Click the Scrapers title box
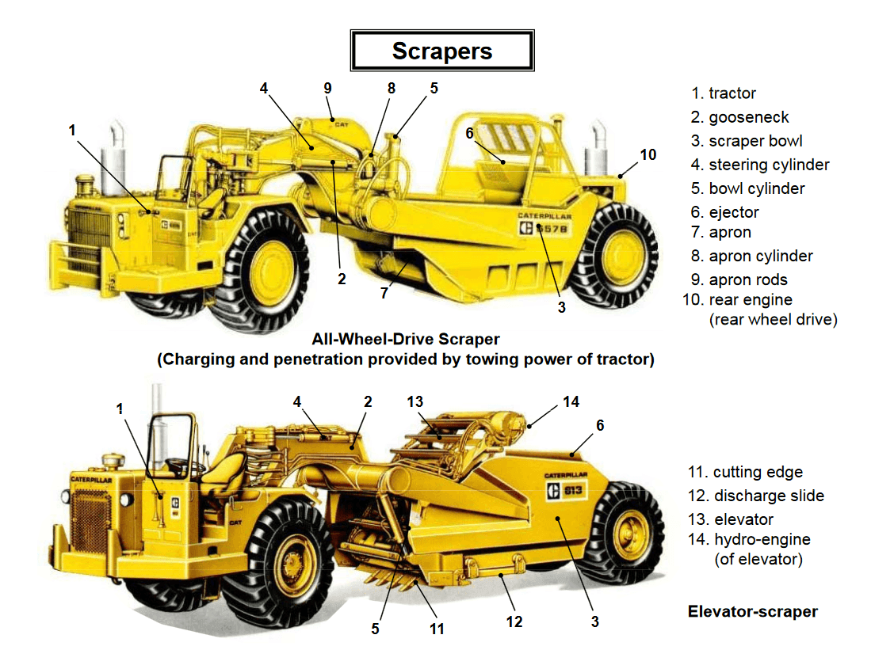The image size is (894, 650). click(x=441, y=51)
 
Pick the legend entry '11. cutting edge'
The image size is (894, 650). click(x=747, y=473)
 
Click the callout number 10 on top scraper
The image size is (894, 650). click(x=648, y=155)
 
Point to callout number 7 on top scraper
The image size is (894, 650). click(x=384, y=293)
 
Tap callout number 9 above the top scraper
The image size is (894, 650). click(x=327, y=88)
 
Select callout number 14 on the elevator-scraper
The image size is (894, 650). click(x=571, y=402)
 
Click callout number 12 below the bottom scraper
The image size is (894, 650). click(x=514, y=621)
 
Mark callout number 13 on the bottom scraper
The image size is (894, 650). click(x=415, y=402)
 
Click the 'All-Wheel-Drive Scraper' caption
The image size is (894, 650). click(x=405, y=340)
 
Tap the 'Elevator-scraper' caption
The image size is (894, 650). click(x=753, y=611)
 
